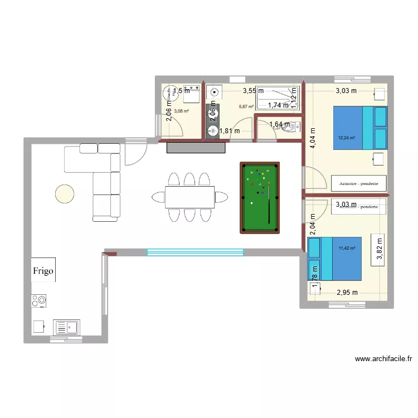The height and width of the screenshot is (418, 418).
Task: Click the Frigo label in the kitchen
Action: point(43,271)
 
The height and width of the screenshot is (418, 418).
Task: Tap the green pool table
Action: point(259,197)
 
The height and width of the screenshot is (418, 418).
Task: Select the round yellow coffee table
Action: point(64,193)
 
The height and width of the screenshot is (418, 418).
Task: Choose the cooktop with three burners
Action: point(39,301)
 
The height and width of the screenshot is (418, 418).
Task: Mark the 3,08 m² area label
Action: point(181,111)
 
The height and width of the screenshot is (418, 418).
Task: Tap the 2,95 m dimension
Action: point(347,292)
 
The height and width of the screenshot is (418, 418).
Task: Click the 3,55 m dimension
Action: point(252,90)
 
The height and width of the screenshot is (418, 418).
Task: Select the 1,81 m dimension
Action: point(229,132)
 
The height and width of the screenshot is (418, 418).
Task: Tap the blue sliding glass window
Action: point(195,252)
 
